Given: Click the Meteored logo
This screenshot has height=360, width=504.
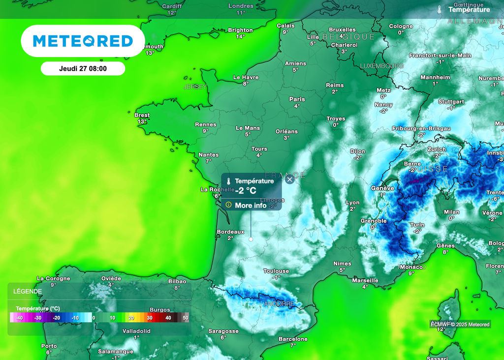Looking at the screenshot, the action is pyautogui.click(x=83, y=41).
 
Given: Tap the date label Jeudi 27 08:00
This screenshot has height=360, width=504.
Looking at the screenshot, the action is pyautogui.click(x=83, y=69).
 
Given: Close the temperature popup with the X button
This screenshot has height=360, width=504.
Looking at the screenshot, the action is pyautogui.click(x=290, y=180).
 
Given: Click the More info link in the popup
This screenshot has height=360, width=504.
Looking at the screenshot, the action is pyautogui.click(x=250, y=205).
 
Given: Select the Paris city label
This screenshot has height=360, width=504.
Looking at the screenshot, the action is pyautogui.click(x=297, y=99).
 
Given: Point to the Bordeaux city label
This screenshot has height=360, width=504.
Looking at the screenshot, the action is pyautogui.click(x=230, y=232).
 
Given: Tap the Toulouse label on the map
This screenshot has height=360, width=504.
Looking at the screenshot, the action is pyautogui.click(x=276, y=271).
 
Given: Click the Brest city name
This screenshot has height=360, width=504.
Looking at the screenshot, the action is pyautogui.click(x=142, y=115).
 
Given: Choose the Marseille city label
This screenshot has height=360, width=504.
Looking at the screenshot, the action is pyautogui.click(x=365, y=280).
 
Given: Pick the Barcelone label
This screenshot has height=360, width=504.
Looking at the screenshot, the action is pyautogui.click(x=293, y=339).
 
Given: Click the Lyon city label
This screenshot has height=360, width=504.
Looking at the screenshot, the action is pyautogui.click(x=352, y=203).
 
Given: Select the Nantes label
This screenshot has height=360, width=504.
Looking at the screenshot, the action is pyautogui.click(x=208, y=155).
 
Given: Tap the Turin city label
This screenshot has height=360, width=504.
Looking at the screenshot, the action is pyautogui.click(x=417, y=225).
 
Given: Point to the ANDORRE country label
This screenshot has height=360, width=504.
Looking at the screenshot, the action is pyautogui.click(x=279, y=304).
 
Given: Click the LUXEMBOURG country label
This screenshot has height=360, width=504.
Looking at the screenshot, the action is pyautogui.click(x=381, y=66).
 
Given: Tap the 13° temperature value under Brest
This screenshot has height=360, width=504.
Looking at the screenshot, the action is pyautogui.click(x=142, y=121).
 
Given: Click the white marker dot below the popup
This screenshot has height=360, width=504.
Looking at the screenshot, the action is pyautogui.click(x=251, y=239).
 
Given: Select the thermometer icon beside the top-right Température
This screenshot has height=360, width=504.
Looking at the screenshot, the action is pyautogui.click(x=439, y=9).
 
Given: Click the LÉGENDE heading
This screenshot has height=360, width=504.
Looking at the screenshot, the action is pyautogui.click(x=28, y=291).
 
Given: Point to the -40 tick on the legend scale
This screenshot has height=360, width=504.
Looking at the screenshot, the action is pyautogui.click(x=19, y=318).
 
